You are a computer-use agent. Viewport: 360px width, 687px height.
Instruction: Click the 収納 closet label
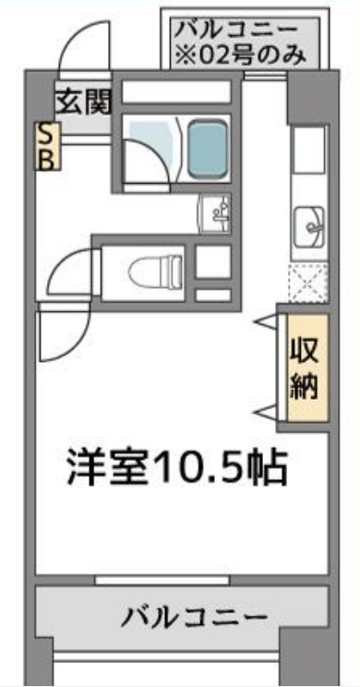(x=305, y=368)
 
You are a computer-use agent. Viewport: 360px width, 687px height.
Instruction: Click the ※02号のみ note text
(x=242, y=54)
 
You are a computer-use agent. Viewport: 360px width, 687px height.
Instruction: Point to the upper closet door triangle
(x=266, y=322)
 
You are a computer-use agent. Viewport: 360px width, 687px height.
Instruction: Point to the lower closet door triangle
(x=266, y=410)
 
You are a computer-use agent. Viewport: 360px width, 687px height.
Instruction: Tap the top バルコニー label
(x=242, y=28)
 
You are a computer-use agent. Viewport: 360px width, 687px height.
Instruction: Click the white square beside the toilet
(x=213, y=263)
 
